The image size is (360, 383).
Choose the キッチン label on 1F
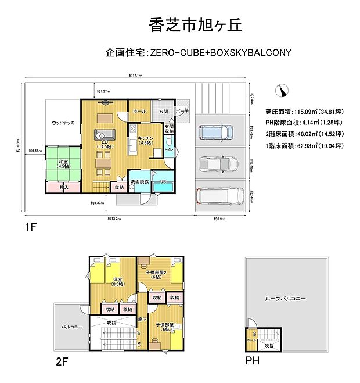(x=146, y=139)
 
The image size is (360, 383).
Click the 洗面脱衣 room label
(x=139, y=182)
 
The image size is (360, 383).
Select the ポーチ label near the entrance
(x=180, y=111)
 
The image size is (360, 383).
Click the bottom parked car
(x=218, y=196)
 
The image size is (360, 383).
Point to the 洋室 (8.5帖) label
(x=118, y=282)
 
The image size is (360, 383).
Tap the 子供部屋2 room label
(x=157, y=274)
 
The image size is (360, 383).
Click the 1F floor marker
(x=31, y=227)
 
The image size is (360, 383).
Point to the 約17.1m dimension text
(x=136, y=76)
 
